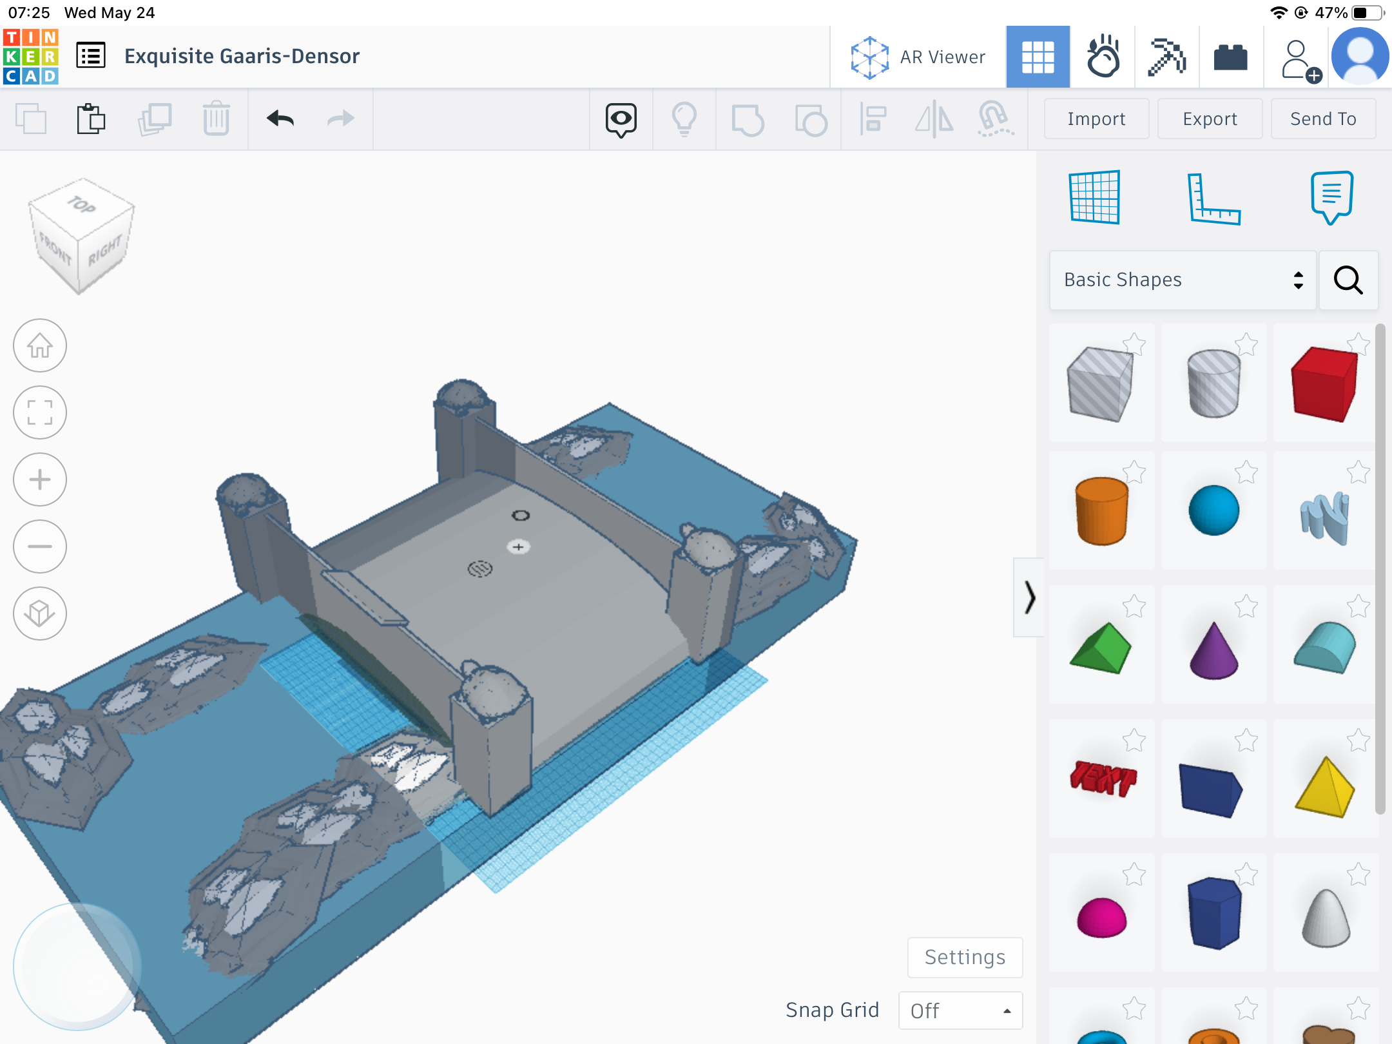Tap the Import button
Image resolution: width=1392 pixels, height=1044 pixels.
tap(1096, 119)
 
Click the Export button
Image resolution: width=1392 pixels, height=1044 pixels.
tap(1210, 119)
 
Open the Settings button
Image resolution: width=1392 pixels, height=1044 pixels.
tap(965, 957)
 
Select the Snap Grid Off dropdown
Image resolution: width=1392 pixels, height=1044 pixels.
tap(960, 1010)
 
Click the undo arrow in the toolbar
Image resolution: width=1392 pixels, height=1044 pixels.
tap(280, 119)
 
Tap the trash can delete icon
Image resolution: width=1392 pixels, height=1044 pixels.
tap(217, 119)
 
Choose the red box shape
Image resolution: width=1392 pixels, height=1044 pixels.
tap(1324, 383)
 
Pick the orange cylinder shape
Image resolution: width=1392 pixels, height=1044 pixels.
tap(1101, 511)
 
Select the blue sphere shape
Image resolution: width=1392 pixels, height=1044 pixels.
tap(1213, 510)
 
